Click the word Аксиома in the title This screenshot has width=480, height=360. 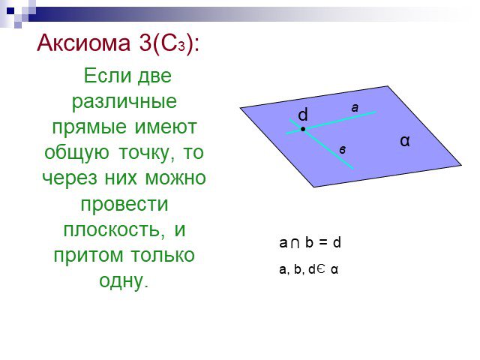tap(83, 43)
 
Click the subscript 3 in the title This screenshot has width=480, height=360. tap(181, 46)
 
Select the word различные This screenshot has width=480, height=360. tap(124, 102)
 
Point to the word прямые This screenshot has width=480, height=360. tap(89, 127)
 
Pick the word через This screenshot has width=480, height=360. tap(70, 178)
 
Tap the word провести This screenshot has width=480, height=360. tap(124, 204)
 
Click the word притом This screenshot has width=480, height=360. tap(88, 255)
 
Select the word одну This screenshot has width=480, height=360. tap(121, 281)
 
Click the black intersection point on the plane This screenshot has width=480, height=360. tap(303, 129)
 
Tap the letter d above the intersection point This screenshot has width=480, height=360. tap(303, 115)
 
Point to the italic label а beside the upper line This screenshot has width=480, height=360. tap(355, 108)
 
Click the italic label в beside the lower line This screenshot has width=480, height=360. tap(343, 150)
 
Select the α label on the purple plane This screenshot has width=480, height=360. tap(405, 141)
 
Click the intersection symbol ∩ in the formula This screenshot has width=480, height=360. tap(295, 244)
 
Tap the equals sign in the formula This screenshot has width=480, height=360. tap(323, 243)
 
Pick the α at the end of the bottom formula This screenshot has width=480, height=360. tap(334, 270)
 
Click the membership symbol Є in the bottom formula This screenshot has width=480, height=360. tap(319, 269)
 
